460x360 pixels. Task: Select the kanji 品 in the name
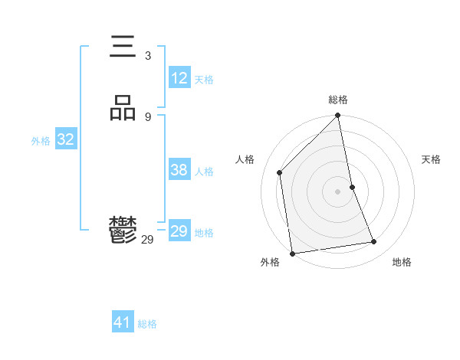click(123, 108)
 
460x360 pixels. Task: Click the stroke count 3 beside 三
click(147, 56)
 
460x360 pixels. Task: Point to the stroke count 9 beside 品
click(147, 116)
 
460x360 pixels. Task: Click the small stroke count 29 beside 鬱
click(147, 240)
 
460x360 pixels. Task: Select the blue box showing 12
click(179, 78)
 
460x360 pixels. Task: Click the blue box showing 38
click(179, 170)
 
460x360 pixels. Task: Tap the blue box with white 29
click(179, 231)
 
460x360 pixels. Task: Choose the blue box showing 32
click(65, 139)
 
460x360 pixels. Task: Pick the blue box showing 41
click(123, 322)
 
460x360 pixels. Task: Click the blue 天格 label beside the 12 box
click(204, 80)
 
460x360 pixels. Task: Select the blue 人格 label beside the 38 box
click(204, 172)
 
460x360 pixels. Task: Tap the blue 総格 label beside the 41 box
click(147, 324)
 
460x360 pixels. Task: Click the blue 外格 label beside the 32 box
click(41, 141)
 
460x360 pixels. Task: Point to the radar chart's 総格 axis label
click(338, 100)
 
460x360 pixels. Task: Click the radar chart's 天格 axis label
click(431, 159)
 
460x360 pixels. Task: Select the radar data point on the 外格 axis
click(292, 253)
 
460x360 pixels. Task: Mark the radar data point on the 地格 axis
click(374, 242)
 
